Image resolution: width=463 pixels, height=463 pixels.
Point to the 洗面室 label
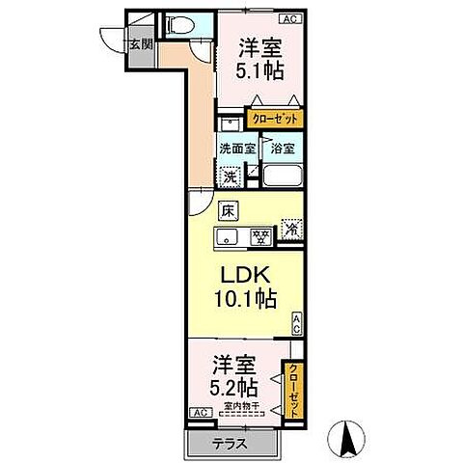click(236, 150)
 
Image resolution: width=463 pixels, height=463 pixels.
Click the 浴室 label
click(282, 150)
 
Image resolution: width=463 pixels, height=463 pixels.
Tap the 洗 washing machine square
click(231, 177)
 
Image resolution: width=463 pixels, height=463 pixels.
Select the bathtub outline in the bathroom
click(282, 177)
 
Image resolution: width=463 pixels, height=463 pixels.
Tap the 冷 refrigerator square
click(290, 231)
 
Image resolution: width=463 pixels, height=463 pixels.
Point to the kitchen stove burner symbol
click(259, 234)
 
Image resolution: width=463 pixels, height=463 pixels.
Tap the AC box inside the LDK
click(297, 325)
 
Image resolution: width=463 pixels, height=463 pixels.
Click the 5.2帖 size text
click(234, 387)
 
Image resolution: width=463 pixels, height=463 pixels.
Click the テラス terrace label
click(223, 445)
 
